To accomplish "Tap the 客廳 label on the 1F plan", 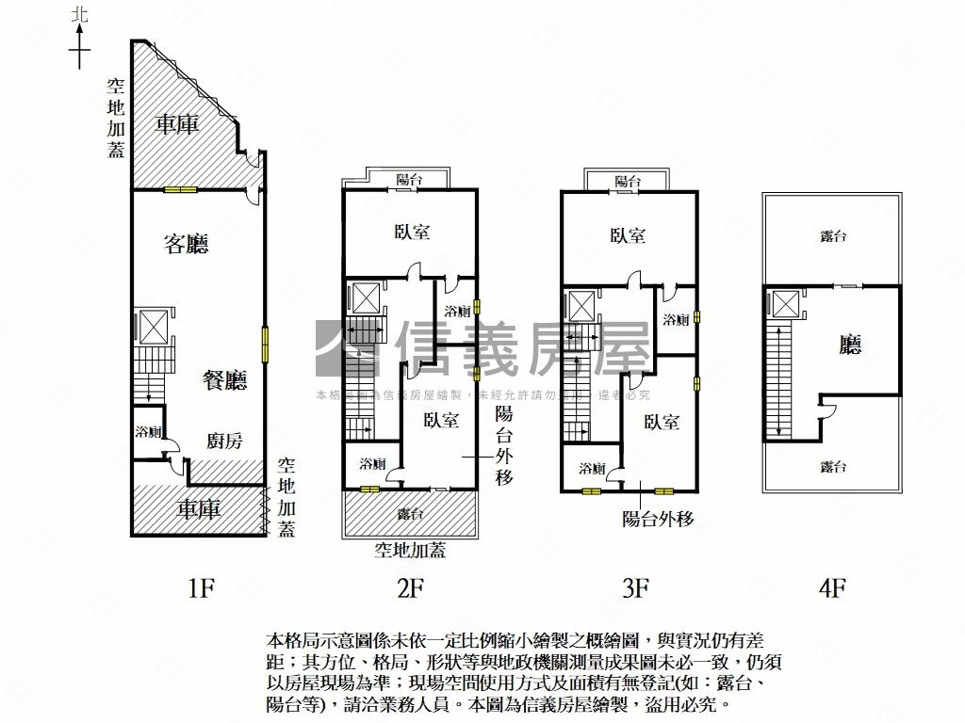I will [x=186, y=245].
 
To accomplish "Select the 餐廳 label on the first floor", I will [x=224, y=380].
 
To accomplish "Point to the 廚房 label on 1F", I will [x=224, y=441].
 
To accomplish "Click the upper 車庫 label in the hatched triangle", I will [x=176, y=123].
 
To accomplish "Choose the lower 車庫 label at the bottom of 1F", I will [x=199, y=509].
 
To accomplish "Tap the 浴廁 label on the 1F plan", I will [x=148, y=432].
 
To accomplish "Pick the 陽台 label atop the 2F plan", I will [x=409, y=178].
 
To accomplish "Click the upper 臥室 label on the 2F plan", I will [x=411, y=232].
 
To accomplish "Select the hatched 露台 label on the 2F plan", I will [x=410, y=514].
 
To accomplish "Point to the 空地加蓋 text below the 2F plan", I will [x=410, y=551].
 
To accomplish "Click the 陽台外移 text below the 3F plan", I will [x=658, y=518].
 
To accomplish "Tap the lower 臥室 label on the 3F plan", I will [x=662, y=423].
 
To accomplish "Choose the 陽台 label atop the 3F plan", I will [x=628, y=181].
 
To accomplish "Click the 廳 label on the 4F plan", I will [x=850, y=345].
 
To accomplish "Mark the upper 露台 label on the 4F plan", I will [x=833, y=236].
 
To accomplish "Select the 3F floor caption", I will [x=635, y=589].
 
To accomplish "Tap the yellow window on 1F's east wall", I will [x=266, y=344].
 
